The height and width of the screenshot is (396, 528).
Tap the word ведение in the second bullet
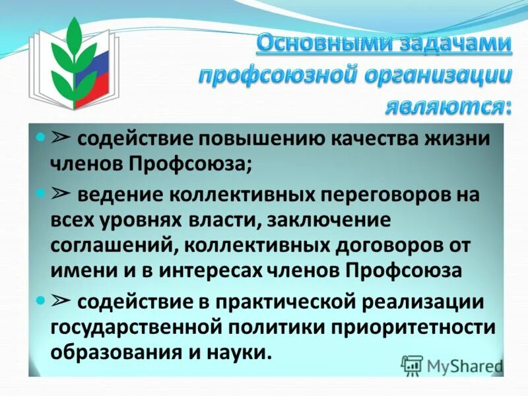(121, 196)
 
